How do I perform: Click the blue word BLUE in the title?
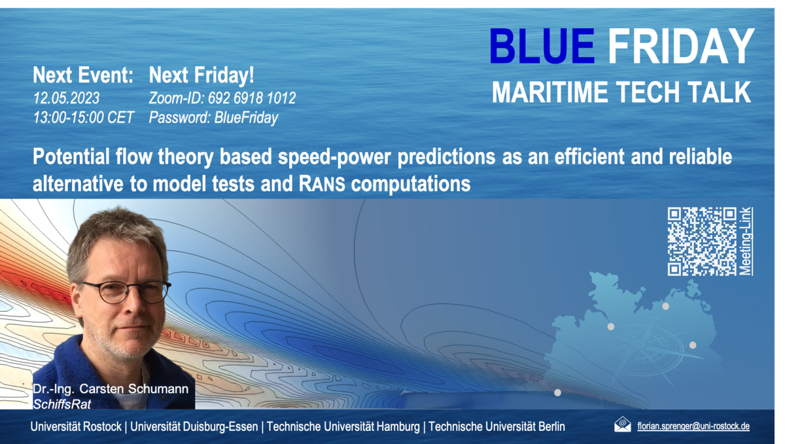[x=542, y=46]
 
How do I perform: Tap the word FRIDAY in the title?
[x=681, y=46]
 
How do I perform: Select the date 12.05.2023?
[x=66, y=98]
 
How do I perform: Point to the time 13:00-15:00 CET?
[x=84, y=117]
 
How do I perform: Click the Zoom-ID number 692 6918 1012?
[x=252, y=98]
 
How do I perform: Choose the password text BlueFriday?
[x=246, y=118]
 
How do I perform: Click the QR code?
[x=702, y=241]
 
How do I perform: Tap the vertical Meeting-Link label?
[x=746, y=241]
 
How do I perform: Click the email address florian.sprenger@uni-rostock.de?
[x=693, y=426]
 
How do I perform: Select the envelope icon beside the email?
[x=622, y=424]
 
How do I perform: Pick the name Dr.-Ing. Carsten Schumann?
[x=111, y=389]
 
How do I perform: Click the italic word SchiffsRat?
[x=61, y=404]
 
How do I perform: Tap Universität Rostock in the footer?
[x=76, y=426]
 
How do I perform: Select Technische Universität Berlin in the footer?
[x=497, y=426]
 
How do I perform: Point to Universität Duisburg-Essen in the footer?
[x=194, y=426]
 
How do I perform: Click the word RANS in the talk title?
[x=322, y=184]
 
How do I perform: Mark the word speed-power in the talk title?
[x=334, y=157]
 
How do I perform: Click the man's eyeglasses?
[x=126, y=291]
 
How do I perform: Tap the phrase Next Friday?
[x=201, y=75]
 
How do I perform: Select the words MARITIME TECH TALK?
[x=621, y=92]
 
